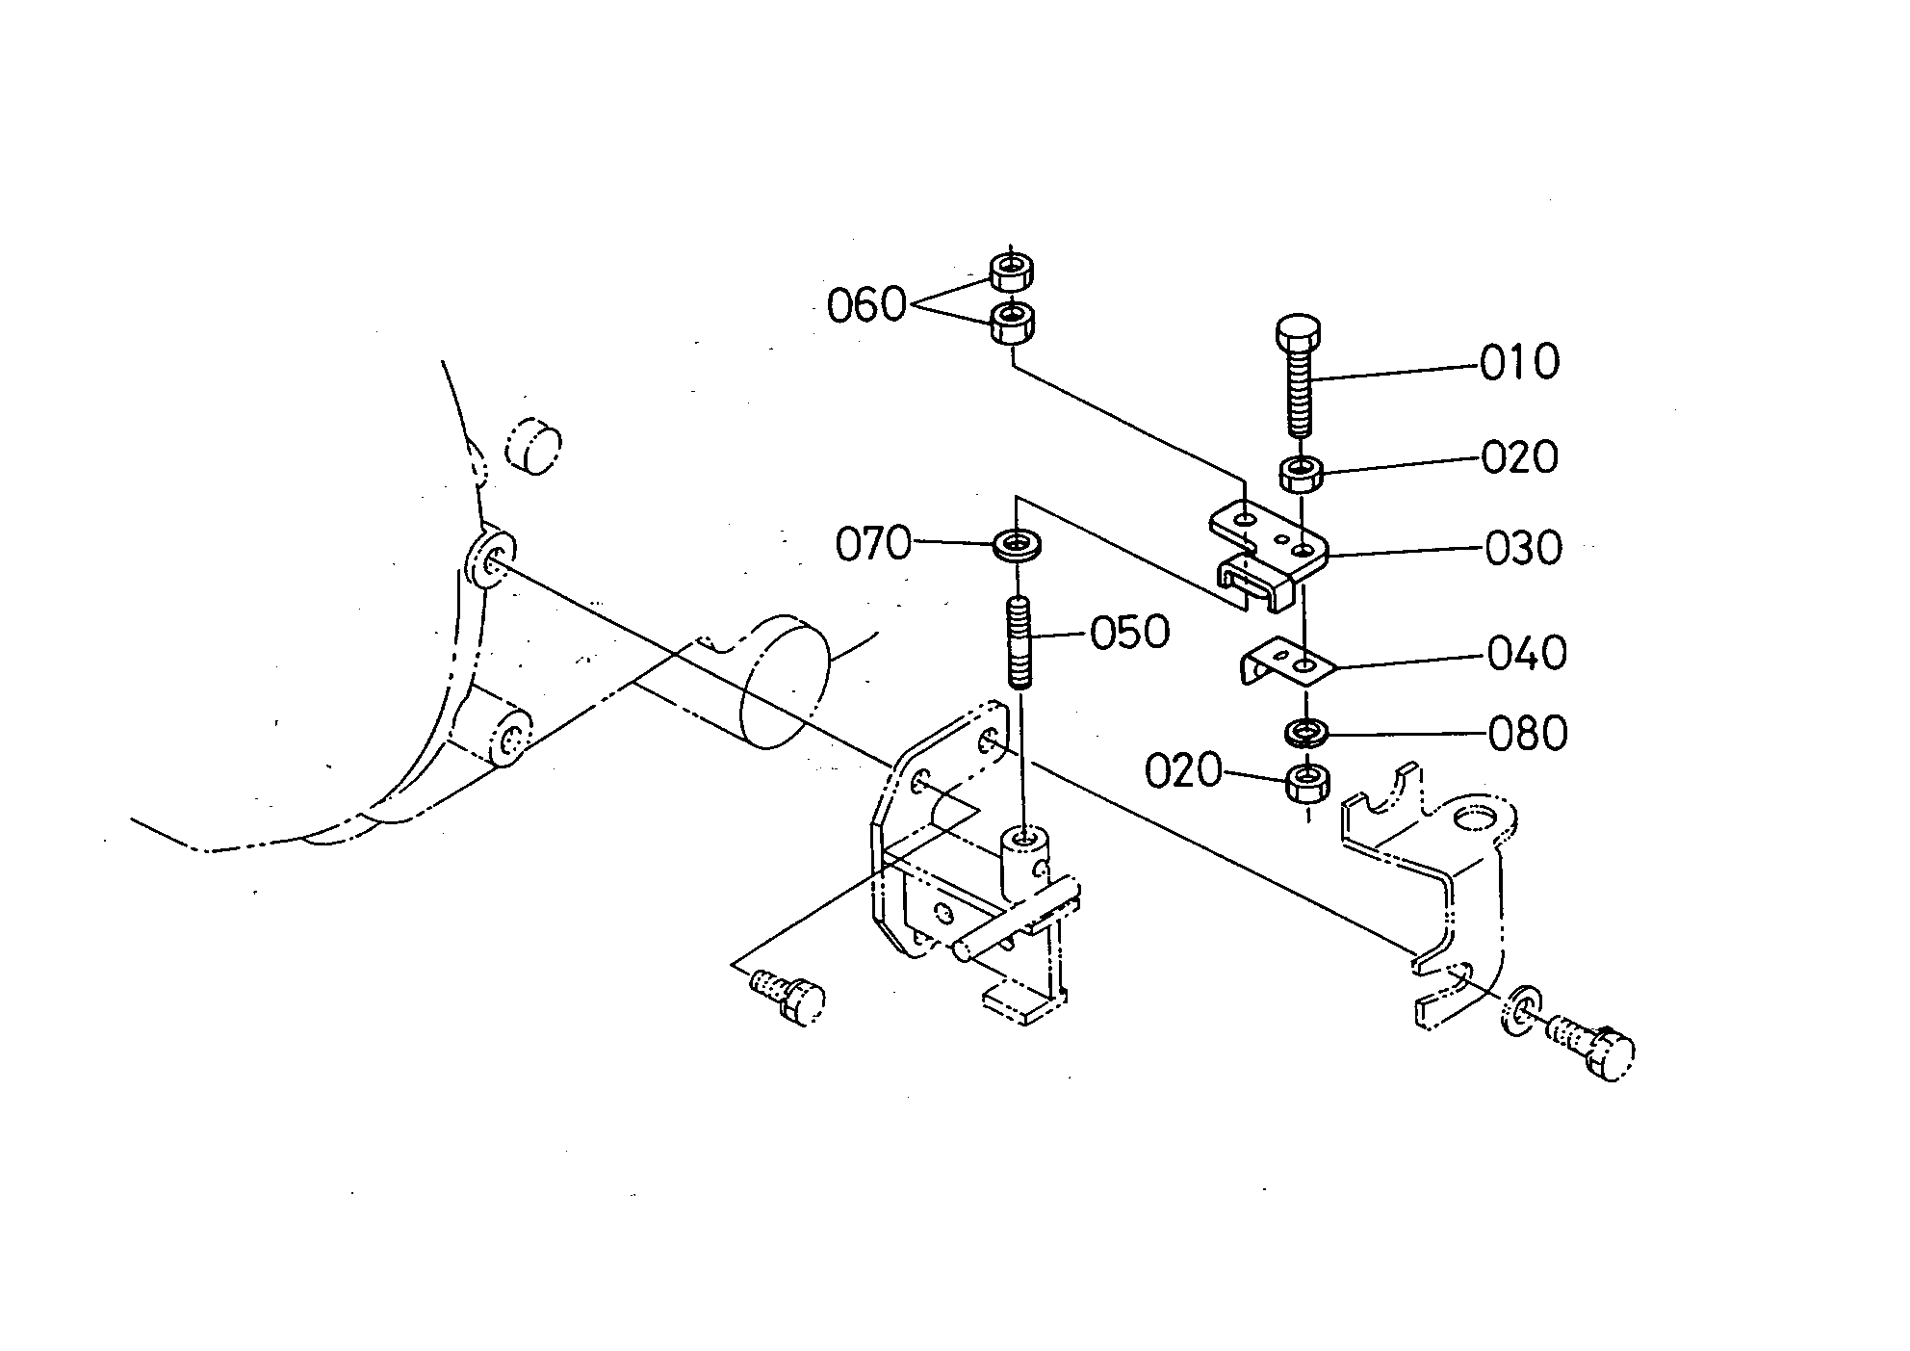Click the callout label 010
point(1519,362)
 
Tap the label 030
point(1523,548)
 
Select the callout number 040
point(1527,653)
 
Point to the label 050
point(1130,633)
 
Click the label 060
point(867,306)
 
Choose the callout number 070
point(873,544)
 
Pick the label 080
point(1528,734)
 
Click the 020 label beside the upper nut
point(1519,456)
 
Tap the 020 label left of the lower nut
point(1184,770)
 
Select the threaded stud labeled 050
point(1020,642)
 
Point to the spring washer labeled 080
point(1307,731)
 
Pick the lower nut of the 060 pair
point(1012,322)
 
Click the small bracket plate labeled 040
point(1284,663)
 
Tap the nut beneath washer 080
point(1307,782)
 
